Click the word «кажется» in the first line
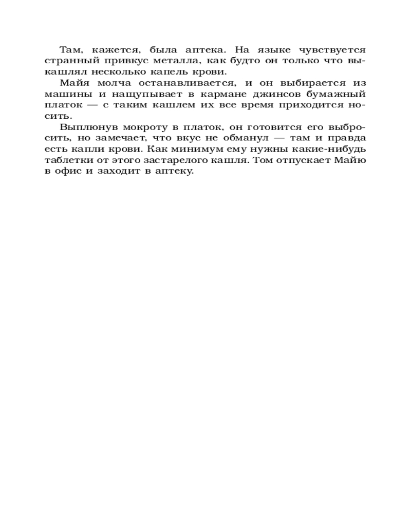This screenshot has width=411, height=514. coord(111,50)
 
